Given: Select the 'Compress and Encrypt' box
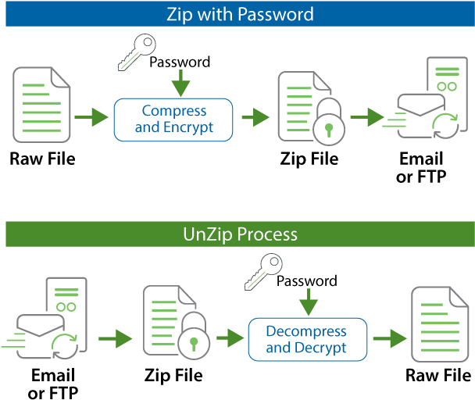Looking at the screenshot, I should tap(173, 120).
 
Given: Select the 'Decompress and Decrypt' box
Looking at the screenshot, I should tap(307, 340).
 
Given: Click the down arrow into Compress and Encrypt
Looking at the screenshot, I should tap(180, 83).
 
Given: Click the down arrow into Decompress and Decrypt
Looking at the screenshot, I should tap(309, 303).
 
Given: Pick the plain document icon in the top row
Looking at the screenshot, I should tap(42, 105).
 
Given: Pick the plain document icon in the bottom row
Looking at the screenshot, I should tap(440, 323).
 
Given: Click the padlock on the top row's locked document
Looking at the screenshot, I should tap(328, 125).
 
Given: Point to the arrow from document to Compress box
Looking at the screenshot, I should tap(91, 118).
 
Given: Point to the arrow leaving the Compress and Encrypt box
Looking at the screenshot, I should tap(255, 118).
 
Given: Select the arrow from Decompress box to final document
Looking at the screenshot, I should tap(391, 339).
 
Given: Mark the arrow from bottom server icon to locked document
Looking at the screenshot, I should tap(116, 339).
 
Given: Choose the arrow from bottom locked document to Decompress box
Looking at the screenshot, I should tap(230, 338).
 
